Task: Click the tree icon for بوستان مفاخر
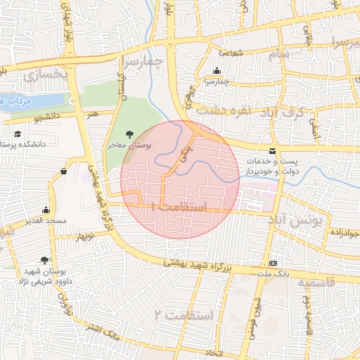point(129,133)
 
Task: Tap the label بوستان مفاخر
point(129,144)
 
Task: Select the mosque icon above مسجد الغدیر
point(46,210)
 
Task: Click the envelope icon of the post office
point(272,151)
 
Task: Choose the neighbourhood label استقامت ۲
point(186,314)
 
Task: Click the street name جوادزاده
point(344,233)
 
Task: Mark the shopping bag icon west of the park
point(64,170)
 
